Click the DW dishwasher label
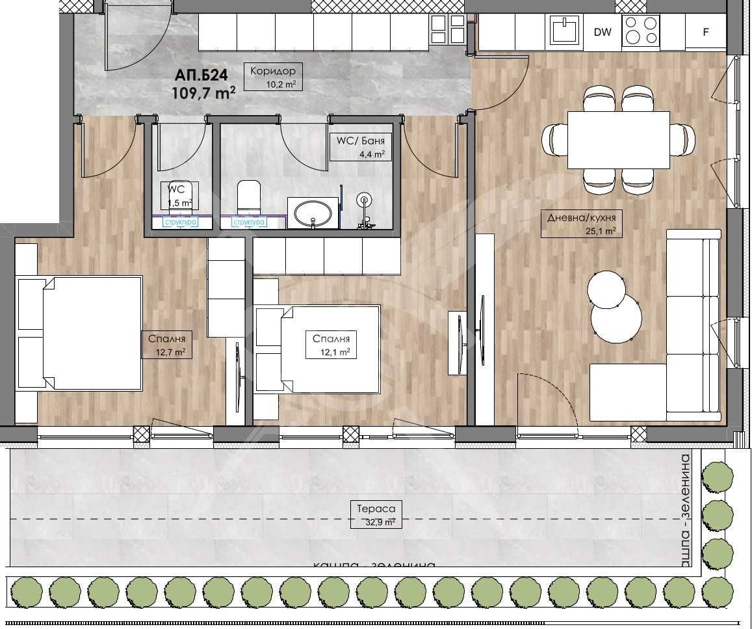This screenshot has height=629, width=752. point(603,32)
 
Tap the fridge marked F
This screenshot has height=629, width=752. point(706,32)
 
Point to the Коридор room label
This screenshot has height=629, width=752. point(273,71)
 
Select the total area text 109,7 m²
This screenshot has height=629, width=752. point(203,93)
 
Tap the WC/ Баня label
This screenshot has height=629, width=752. point(361,141)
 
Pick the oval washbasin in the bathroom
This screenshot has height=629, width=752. point(313,213)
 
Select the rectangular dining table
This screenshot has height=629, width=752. point(618,140)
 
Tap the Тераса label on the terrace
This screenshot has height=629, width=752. point(372,509)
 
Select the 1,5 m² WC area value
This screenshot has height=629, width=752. point(179,203)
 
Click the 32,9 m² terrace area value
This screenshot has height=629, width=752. point(380,522)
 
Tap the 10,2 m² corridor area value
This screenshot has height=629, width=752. point(281,84)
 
